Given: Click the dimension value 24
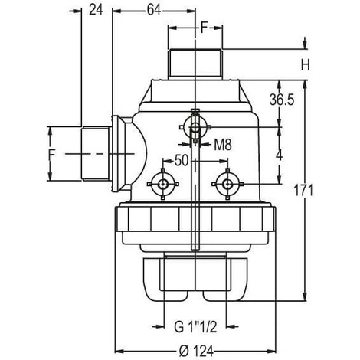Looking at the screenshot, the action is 96,11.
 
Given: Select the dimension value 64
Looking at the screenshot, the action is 154,11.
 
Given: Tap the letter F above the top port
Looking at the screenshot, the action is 204,28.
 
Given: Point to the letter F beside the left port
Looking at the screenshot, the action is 52,155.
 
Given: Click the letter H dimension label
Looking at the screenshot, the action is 306,64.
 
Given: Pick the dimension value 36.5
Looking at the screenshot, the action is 282,100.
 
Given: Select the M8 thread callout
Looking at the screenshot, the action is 223,145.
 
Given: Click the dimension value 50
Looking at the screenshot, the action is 182,161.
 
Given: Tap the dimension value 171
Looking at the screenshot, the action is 303,191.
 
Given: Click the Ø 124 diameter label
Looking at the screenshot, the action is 196,352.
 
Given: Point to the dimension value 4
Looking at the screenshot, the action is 280,155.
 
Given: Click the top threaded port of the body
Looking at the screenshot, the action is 195,64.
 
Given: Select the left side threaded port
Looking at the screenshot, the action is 95,154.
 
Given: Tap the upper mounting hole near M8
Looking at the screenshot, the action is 195,127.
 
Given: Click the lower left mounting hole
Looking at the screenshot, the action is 162,184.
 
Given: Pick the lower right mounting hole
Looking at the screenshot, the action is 227,184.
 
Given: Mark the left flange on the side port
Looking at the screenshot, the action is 119,154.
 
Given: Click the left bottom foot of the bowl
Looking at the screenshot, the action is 167,279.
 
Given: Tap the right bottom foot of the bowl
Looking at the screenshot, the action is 225,279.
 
